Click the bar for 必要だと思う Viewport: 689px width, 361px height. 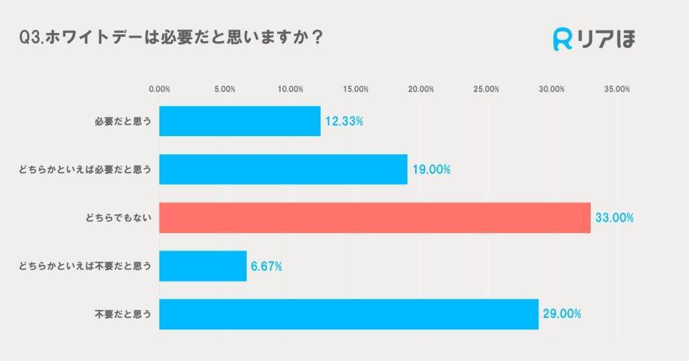point(240,121)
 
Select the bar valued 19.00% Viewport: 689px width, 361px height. point(283,169)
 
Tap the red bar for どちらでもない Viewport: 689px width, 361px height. point(375,218)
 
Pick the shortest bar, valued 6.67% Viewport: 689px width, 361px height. point(203,266)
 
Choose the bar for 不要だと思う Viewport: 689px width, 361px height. point(349,314)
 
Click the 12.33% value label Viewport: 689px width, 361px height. point(344,122)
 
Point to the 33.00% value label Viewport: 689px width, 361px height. point(614,218)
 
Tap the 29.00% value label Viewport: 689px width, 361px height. point(562,315)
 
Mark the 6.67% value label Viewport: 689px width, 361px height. point(266,267)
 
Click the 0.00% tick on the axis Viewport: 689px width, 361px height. point(159,89)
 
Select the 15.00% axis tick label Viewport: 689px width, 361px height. point(355,89)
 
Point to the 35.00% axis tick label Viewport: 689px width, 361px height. point(617,89)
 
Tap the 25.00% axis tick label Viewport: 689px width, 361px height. point(486,89)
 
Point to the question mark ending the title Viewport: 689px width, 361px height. point(317,38)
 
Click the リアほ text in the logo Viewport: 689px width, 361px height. point(606,39)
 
